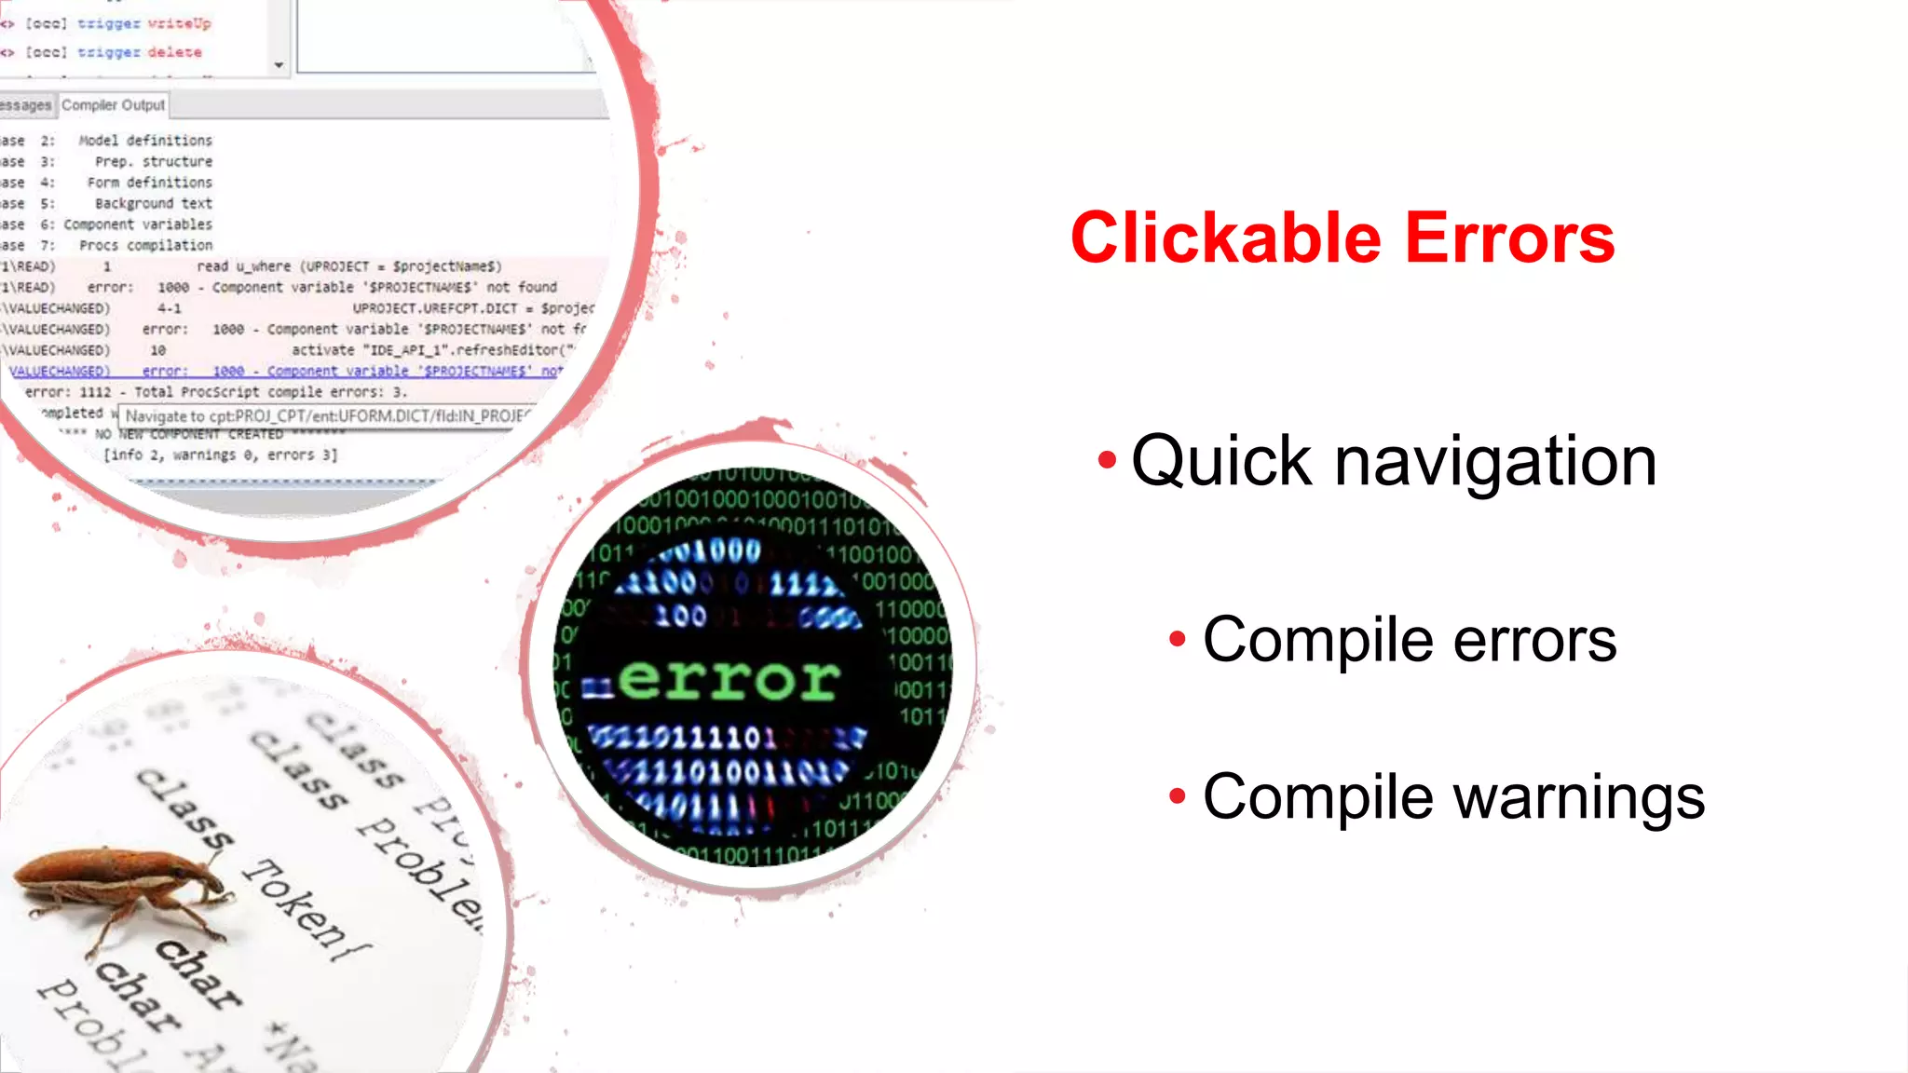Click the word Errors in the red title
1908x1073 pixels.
(1509, 238)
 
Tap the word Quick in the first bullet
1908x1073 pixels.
(1221, 462)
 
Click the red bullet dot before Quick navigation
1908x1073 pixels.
(1107, 459)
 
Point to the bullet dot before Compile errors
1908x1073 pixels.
(1178, 639)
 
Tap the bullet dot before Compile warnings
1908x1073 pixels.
(1178, 796)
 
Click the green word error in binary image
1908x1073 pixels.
(728, 680)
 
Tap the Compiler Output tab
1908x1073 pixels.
(113, 105)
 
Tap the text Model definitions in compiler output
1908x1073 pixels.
(145, 141)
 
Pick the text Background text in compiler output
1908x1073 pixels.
(154, 203)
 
